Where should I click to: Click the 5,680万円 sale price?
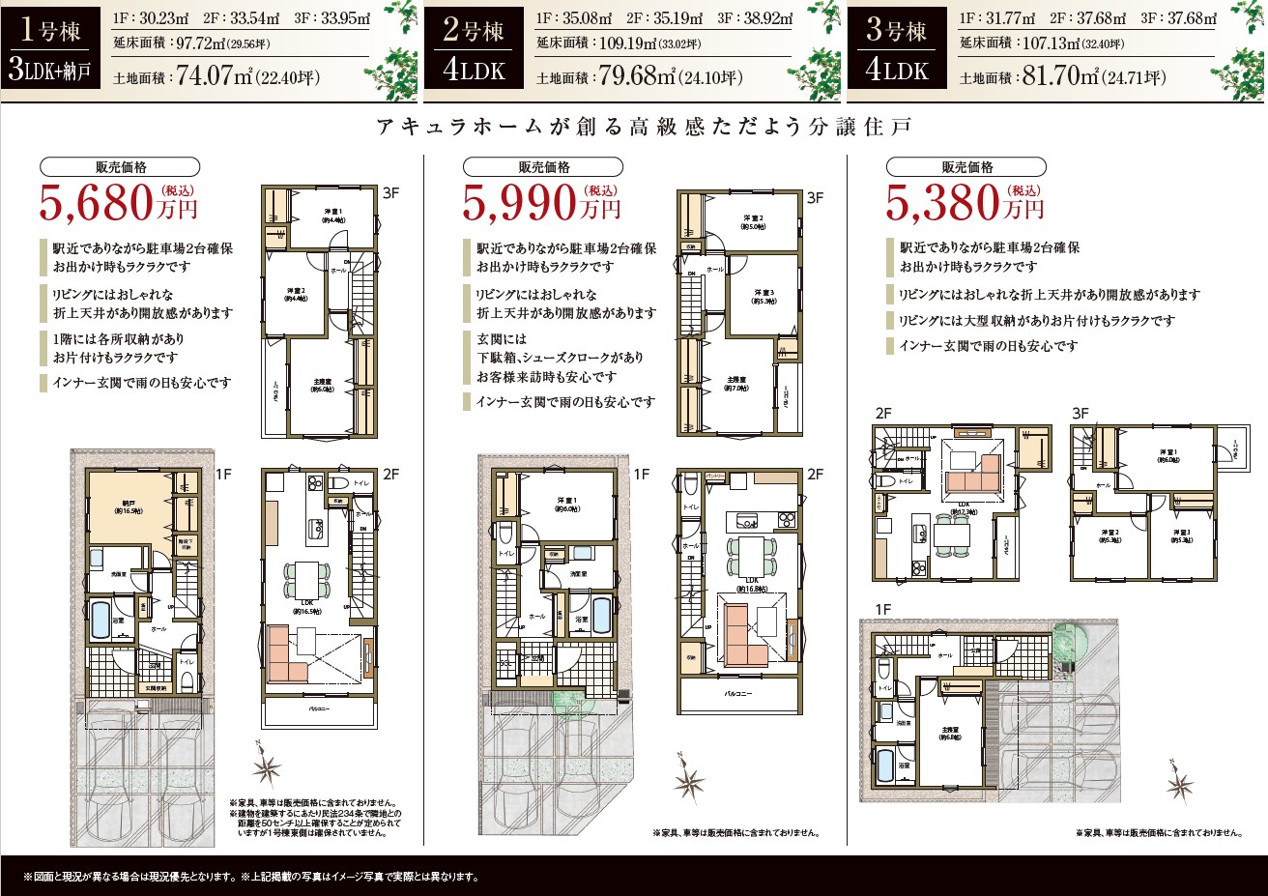point(118,203)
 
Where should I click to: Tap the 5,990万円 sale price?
point(541,203)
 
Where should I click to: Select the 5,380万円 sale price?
point(965,203)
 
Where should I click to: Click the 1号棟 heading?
point(49,30)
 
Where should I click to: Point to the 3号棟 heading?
point(896,30)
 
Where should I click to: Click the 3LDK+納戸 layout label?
point(52,72)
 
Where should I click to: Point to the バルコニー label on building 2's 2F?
point(738,693)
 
